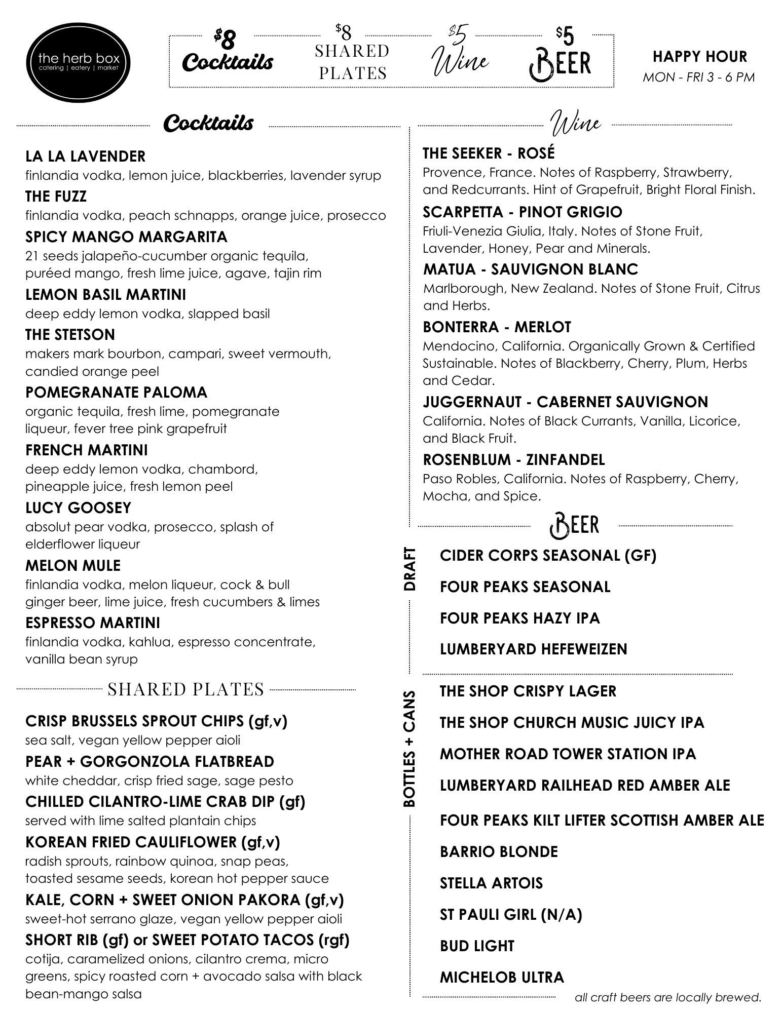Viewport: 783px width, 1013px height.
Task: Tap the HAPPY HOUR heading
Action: tap(699, 56)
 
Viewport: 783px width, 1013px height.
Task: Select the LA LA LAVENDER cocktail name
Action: tap(85, 157)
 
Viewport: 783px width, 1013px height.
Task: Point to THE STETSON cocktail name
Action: tap(70, 335)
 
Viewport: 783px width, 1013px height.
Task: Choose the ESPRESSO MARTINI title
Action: tap(92, 622)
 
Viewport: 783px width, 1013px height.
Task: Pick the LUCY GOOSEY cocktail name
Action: tap(78, 508)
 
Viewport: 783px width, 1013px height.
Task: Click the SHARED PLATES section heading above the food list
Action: tap(186, 689)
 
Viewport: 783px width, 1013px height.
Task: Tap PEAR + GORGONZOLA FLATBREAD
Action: tap(150, 762)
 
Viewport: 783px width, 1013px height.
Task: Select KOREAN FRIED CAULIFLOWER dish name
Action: tap(152, 842)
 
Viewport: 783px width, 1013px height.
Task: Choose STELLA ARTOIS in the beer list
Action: tap(491, 883)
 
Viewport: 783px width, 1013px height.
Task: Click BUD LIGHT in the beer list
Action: tap(477, 946)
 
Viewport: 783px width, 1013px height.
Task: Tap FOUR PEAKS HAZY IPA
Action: tap(519, 618)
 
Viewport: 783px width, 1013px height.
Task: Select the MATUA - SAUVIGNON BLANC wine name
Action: tap(531, 269)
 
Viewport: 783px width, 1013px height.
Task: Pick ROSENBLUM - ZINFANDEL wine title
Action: tap(514, 460)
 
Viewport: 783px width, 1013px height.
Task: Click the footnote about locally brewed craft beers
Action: tap(668, 998)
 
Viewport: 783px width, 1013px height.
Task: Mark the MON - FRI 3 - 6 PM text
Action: tap(698, 77)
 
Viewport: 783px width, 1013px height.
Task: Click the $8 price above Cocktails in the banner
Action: tap(225, 37)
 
